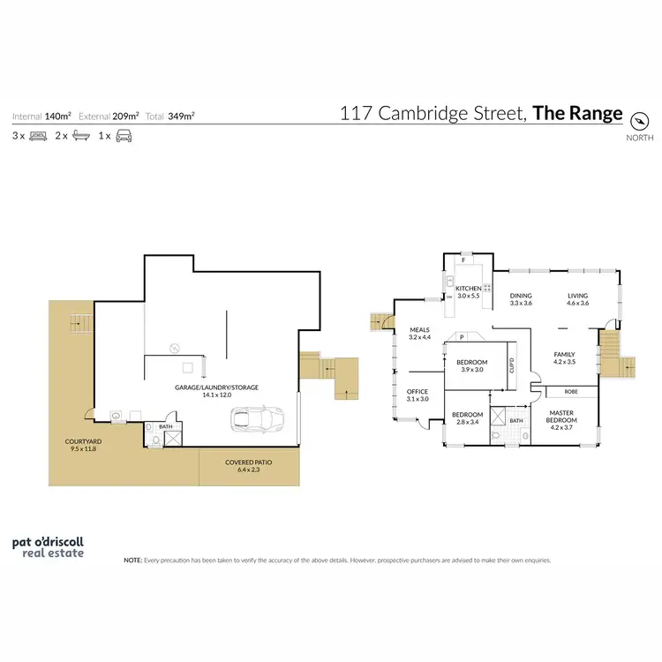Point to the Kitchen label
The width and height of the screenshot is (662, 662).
(x=469, y=292)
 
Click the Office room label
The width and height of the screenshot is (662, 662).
(x=418, y=395)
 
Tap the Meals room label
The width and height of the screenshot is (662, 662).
(x=418, y=334)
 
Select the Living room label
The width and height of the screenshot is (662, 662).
(x=577, y=300)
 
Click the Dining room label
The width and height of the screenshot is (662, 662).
(x=522, y=300)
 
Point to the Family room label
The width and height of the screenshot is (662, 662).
(x=564, y=357)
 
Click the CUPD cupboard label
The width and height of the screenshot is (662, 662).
(x=511, y=365)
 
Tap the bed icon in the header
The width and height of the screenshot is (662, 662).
(x=38, y=136)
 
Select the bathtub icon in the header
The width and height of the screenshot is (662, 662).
(x=80, y=136)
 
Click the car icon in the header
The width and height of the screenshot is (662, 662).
(x=124, y=136)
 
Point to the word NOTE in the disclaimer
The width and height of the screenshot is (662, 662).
(x=132, y=560)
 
